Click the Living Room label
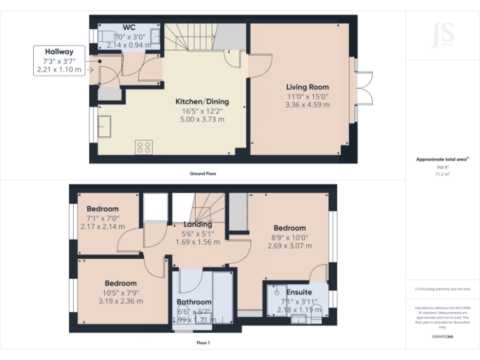(x=307, y=87)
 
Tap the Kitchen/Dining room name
(x=202, y=101)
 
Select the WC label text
(x=129, y=27)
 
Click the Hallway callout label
(x=59, y=52)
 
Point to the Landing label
(x=197, y=224)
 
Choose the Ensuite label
(x=299, y=292)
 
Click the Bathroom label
(x=194, y=302)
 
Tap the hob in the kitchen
(x=144, y=147)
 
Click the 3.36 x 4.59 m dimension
(x=307, y=105)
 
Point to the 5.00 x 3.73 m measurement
(x=202, y=119)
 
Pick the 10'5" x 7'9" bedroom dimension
(x=121, y=292)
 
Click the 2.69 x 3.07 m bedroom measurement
(x=289, y=246)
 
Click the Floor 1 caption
(x=203, y=342)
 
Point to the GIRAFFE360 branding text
(x=442, y=337)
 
